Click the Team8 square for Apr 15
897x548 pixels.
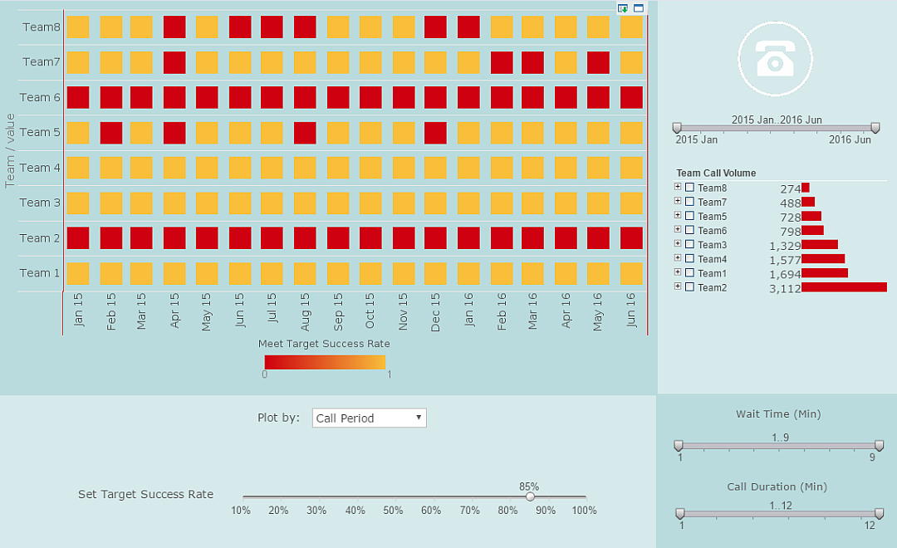pyautogui.click(x=174, y=27)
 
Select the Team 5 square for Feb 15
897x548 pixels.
pyautogui.click(x=111, y=133)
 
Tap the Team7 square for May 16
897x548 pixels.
pyautogui.click(x=599, y=62)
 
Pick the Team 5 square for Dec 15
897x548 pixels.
pyautogui.click(x=436, y=133)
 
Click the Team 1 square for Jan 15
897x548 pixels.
pyautogui.click(x=78, y=273)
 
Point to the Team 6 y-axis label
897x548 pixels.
pyautogui.click(x=40, y=97)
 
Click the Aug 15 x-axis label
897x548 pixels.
pyautogui.click(x=305, y=312)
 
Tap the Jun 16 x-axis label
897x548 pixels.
pyautogui.click(x=630, y=312)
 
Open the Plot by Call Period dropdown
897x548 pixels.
pyautogui.click(x=370, y=418)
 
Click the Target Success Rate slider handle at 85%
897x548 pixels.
pyautogui.click(x=530, y=497)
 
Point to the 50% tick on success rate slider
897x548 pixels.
pyautogui.click(x=393, y=510)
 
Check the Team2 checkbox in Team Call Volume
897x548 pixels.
pyautogui.click(x=689, y=286)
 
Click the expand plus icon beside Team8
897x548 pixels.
pyautogui.click(x=678, y=187)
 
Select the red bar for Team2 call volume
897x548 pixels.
pyautogui.click(x=844, y=287)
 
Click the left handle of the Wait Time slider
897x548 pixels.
pyautogui.click(x=679, y=446)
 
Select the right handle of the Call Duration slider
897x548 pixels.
pyautogui.click(x=879, y=513)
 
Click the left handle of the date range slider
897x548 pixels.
pyautogui.click(x=677, y=127)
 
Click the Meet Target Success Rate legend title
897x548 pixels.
pyautogui.click(x=324, y=344)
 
